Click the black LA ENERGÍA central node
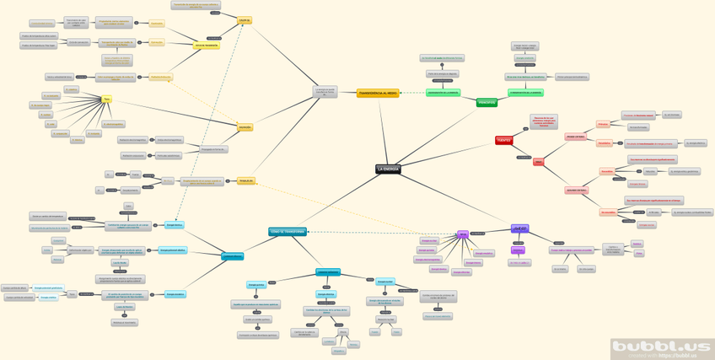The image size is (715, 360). pos(388,169)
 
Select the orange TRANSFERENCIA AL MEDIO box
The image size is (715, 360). pos(377,93)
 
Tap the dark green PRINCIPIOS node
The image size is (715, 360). pos(487,103)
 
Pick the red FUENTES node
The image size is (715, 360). pos(504,140)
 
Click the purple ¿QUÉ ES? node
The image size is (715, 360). pos(519,228)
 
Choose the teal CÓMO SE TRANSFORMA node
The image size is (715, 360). pos(288,231)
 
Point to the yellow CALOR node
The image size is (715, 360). pos(245,19)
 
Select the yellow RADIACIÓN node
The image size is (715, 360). pos(245,127)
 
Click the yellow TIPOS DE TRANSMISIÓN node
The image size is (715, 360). pos(206,46)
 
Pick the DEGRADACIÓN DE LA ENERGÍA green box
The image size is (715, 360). pos(444,92)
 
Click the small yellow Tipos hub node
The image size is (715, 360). pos(106,99)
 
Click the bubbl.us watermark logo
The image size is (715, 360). pos(662,347)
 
